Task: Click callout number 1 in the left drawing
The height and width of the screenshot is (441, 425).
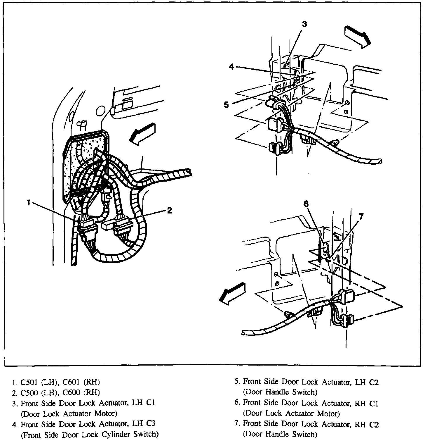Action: [x=29, y=202]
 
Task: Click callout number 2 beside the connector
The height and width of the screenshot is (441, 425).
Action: [x=169, y=210]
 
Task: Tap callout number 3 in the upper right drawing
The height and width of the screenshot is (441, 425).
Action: [x=304, y=24]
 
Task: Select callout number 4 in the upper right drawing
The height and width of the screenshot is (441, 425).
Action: [x=231, y=67]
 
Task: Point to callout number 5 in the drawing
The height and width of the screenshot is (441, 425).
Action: [x=227, y=104]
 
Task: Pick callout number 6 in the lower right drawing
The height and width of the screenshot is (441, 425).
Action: [x=306, y=204]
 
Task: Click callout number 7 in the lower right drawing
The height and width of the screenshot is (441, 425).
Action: [x=361, y=216]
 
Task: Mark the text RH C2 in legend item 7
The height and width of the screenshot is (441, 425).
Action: [x=365, y=424]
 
